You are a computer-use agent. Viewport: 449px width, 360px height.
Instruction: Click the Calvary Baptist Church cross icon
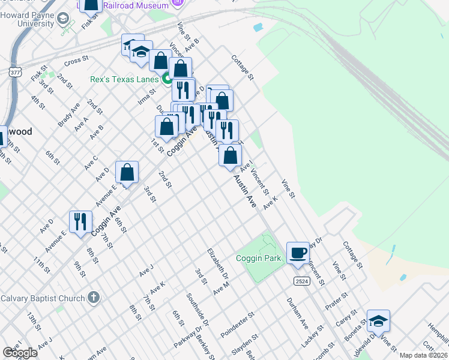[x=93, y=297]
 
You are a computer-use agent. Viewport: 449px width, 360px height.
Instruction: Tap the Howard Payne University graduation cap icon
[x=62, y=20]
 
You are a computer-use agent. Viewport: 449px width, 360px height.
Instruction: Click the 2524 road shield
[x=301, y=281]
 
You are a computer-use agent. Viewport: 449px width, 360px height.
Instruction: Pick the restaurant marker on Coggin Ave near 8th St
[x=80, y=221]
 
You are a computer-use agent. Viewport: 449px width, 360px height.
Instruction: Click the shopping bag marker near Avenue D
[x=127, y=173]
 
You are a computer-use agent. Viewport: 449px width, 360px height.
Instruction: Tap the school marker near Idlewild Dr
[x=378, y=321]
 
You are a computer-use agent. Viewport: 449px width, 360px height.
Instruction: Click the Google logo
[x=20, y=353]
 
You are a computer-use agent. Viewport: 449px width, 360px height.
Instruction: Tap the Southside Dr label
[x=197, y=309]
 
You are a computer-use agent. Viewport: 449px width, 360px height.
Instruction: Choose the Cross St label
[x=76, y=61]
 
